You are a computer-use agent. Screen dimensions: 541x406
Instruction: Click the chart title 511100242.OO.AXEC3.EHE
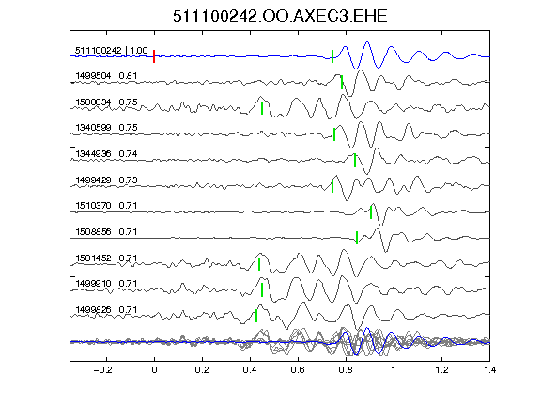pos(280,16)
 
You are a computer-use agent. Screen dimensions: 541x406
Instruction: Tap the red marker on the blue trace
pos(154,56)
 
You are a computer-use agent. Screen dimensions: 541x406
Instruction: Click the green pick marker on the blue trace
pos(332,56)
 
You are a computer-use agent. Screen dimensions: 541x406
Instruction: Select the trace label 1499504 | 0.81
pos(106,75)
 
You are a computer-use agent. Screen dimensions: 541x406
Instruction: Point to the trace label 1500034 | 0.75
pos(106,102)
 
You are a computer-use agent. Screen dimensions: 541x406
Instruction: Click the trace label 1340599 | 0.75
pos(106,128)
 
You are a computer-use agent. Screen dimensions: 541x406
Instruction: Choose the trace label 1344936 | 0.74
pos(106,153)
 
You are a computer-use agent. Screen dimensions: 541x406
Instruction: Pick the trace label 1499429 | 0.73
pos(106,180)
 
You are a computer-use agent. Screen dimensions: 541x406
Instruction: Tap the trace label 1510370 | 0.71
pos(106,206)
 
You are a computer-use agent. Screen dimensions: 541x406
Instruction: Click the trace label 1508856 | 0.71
pos(106,231)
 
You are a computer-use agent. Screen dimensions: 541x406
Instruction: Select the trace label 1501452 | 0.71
pos(106,258)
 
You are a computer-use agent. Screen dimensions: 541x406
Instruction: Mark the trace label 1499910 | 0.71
pos(106,284)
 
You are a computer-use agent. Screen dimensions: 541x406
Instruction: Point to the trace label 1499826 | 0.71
pos(106,310)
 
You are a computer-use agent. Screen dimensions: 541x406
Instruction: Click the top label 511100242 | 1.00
pos(112,51)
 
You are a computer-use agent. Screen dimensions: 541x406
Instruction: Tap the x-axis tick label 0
pos(154,370)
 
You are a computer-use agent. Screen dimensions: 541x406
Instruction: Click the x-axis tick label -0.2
pos(103,370)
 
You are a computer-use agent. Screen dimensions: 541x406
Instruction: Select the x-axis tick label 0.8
pos(346,370)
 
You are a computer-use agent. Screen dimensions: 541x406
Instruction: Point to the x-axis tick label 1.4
pos(490,370)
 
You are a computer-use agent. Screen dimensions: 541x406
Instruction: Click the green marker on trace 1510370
pos(371,212)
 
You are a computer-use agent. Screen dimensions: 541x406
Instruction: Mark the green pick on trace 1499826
pos(256,316)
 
